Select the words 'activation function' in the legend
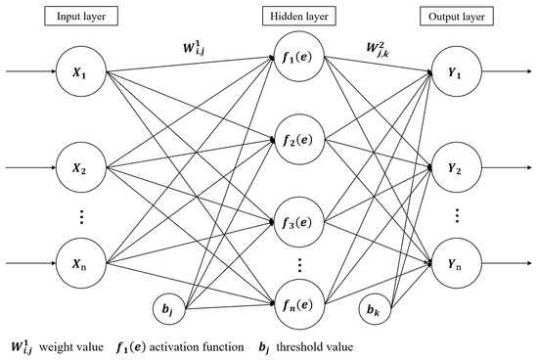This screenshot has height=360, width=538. coord(235,344)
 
